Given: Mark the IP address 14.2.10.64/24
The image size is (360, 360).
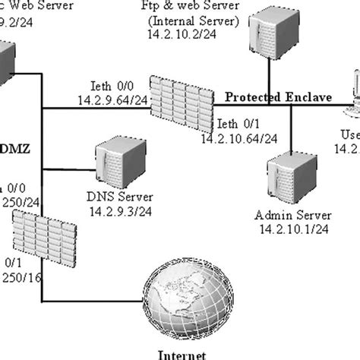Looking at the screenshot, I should (238, 138).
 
